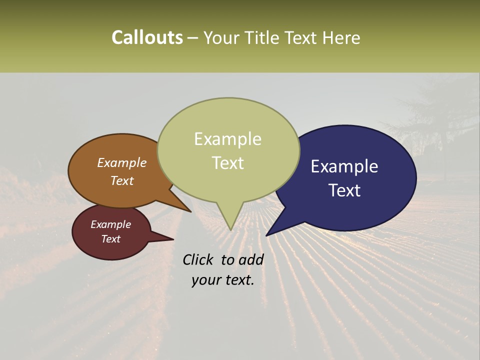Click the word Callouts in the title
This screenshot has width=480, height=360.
tap(147, 37)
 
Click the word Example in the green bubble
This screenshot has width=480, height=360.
tap(227, 139)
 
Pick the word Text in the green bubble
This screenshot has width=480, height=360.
tap(227, 163)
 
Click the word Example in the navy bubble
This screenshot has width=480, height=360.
tap(344, 166)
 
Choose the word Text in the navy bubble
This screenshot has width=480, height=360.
tap(344, 190)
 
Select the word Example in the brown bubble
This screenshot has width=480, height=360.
tap(121, 162)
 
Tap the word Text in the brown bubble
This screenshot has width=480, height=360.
tap(121, 180)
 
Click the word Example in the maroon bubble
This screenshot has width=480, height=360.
tap(110, 224)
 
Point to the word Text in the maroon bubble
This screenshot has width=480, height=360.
tap(110, 239)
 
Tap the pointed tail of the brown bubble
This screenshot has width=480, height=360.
tap(188, 209)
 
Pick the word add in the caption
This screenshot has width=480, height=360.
tap(251, 259)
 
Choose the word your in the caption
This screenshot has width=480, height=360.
tap(205, 280)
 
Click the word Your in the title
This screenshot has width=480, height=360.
tap(222, 37)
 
